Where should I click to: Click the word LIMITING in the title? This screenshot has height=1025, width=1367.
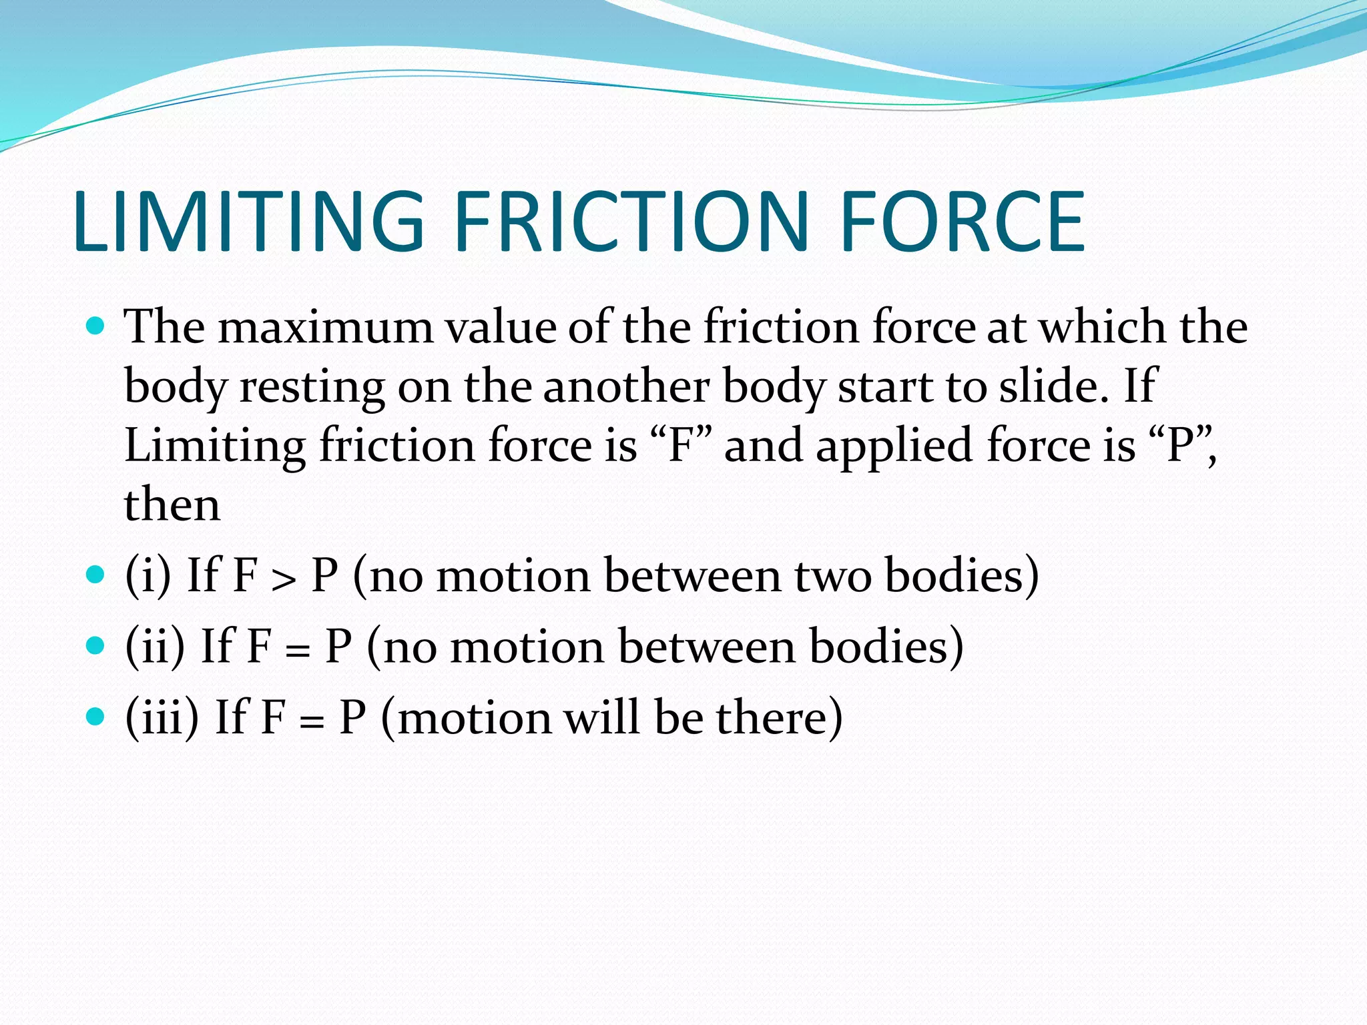[248, 222]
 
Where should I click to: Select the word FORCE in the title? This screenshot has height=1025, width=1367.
[963, 222]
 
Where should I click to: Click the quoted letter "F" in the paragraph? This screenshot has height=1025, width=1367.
[681, 446]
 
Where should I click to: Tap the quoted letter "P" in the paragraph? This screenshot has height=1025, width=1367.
[1180, 446]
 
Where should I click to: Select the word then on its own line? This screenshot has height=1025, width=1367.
[172, 505]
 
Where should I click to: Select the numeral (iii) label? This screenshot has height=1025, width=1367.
[162, 718]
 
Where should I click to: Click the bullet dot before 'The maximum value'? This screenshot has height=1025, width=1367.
[96, 326]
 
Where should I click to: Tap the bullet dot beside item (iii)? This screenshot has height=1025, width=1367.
[96, 717]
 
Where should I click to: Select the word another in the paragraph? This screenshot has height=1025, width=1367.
[625, 387]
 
